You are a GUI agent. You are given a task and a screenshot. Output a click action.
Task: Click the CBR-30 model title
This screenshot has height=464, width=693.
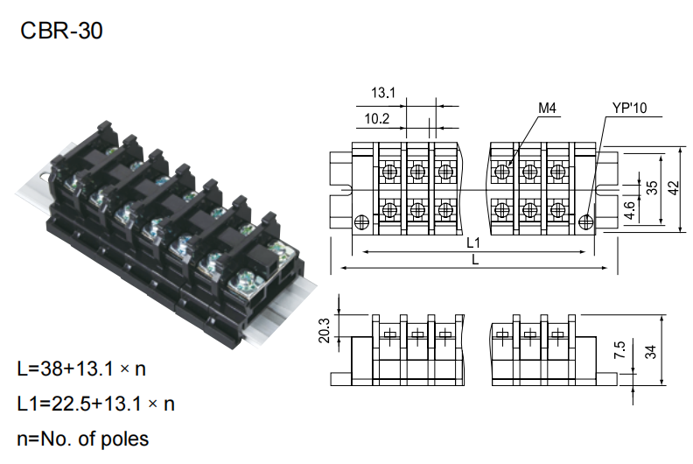(61, 32)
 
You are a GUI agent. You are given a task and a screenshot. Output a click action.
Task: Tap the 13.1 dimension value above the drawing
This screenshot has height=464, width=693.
(384, 93)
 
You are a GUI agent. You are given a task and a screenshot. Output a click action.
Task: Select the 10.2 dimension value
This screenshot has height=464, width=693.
(377, 119)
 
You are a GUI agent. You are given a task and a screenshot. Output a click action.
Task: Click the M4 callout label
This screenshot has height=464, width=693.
(547, 109)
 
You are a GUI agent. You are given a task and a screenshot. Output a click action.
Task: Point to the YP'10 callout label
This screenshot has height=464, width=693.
(629, 109)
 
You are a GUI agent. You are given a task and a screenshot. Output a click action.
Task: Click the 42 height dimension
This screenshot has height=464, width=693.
(673, 189)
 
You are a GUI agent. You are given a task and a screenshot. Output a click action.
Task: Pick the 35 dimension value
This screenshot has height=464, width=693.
(651, 189)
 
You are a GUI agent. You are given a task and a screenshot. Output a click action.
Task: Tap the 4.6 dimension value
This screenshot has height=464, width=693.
(629, 211)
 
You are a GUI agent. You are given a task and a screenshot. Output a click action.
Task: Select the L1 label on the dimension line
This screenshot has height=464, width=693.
(473, 241)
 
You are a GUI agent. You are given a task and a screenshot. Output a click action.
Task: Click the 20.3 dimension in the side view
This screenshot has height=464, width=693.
(325, 330)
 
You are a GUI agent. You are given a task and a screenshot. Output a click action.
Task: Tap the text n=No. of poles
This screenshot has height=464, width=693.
(83, 438)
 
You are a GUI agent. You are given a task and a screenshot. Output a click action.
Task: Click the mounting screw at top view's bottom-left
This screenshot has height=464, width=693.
(361, 221)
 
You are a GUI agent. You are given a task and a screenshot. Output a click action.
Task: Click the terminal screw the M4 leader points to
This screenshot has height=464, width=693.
(502, 172)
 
